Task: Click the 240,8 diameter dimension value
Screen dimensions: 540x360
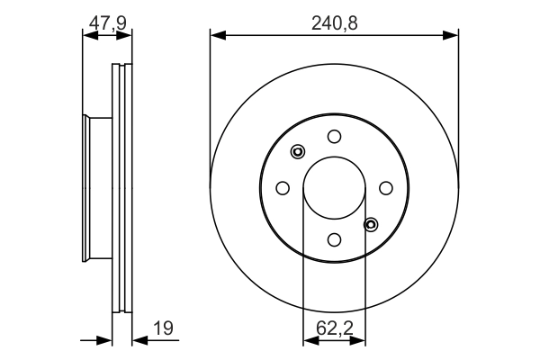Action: [x=335, y=23]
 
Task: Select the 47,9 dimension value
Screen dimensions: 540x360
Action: [x=108, y=23]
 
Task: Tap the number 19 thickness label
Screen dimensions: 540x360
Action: [x=163, y=328]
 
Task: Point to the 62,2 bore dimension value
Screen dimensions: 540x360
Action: [x=335, y=328]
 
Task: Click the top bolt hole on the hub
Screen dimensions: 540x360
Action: [x=334, y=137]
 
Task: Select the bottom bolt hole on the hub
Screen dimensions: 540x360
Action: [x=334, y=239]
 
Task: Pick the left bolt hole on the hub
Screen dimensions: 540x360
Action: [x=283, y=188]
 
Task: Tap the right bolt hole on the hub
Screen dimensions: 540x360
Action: [x=386, y=188]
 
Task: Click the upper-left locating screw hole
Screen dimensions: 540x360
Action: [x=298, y=151]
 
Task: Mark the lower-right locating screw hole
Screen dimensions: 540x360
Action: [x=371, y=225]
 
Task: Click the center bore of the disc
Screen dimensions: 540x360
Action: [x=334, y=188]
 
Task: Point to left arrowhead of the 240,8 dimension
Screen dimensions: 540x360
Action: [x=218, y=35]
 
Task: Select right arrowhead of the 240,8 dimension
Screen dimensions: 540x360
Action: [x=451, y=35]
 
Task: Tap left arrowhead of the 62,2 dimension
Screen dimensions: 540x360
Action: [x=311, y=341]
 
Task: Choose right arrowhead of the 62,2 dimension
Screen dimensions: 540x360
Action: [x=357, y=341]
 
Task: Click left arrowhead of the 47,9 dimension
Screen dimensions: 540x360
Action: [x=91, y=35]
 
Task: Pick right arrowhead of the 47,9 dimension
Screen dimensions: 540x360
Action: [x=124, y=35]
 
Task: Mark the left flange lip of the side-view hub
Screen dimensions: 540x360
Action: [x=85, y=188]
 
